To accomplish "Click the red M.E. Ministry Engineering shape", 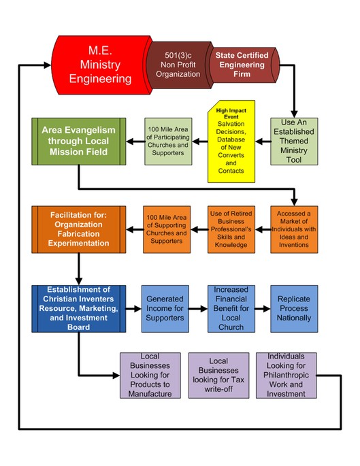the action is tap(101, 65).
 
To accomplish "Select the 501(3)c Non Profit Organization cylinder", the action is tap(179, 65).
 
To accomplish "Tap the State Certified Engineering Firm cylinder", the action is tap(243, 65).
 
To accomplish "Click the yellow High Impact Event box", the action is tap(231, 142).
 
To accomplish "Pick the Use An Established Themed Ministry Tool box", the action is tap(294, 142).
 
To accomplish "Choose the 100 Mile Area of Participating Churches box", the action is tap(168, 142).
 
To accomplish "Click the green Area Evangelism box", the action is tap(79, 142).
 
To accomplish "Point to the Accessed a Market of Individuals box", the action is tap(294, 229).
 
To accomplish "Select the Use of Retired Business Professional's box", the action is tap(231, 229).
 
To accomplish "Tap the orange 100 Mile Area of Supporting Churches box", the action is tap(167, 229).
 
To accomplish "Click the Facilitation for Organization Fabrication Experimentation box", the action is tap(79, 229).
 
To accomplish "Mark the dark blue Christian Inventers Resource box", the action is tap(79, 309).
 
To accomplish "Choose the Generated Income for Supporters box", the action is tap(165, 309).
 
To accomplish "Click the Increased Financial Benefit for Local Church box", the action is tap(231, 309).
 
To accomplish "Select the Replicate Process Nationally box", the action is tap(294, 309).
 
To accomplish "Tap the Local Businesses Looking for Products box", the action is tap(150, 376).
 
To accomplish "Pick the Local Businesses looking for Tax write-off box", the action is tap(219, 376).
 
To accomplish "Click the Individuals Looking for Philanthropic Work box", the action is tap(287, 376).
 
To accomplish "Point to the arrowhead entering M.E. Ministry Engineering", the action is tap(48, 65).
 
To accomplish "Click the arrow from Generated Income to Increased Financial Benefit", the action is tap(198, 309).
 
